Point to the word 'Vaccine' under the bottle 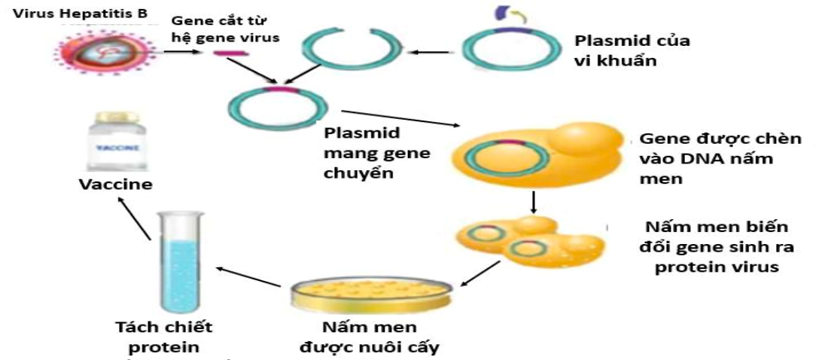point(116,185)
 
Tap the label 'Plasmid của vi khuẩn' point(631,50)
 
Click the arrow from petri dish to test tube point(248,276)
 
